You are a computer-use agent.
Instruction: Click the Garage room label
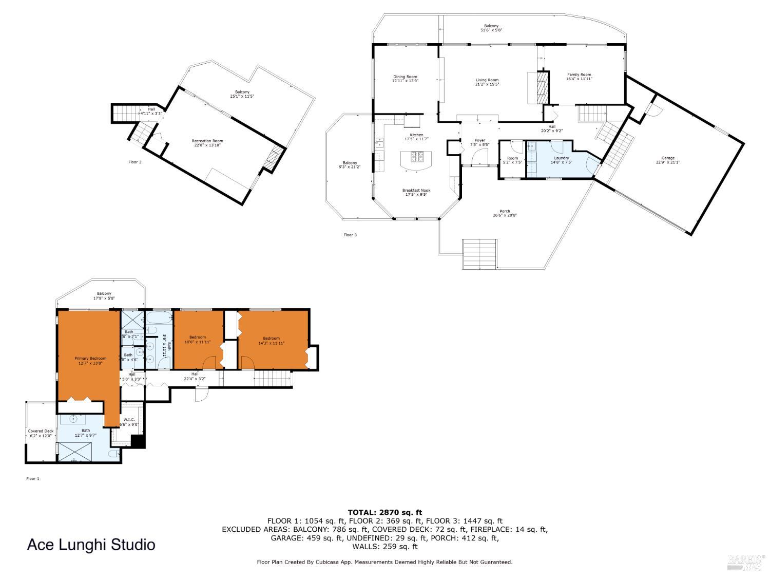tap(668, 160)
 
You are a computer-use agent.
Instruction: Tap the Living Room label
tap(487, 82)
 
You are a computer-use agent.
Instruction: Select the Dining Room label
tap(405, 79)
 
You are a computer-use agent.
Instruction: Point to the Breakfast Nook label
tap(416, 192)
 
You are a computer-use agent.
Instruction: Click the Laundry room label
tap(562, 160)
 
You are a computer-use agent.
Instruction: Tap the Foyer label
tap(479, 142)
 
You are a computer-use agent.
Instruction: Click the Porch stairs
tap(479, 254)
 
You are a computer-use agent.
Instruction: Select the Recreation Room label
tap(207, 143)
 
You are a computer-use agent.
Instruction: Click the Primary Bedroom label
tap(90, 361)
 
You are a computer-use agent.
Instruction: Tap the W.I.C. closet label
tap(129, 422)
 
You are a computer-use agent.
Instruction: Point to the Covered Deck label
tap(41, 433)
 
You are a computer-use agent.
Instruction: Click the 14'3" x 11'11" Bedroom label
tap(271, 340)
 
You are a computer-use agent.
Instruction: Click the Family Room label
tap(579, 77)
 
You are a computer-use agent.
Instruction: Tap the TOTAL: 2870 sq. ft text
tap(384, 512)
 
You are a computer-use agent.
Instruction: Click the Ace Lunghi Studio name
tap(91, 545)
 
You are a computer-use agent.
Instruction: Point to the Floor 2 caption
tap(134, 162)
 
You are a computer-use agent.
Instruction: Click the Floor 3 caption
tap(350, 235)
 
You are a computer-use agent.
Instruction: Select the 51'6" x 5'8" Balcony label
tap(491, 28)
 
